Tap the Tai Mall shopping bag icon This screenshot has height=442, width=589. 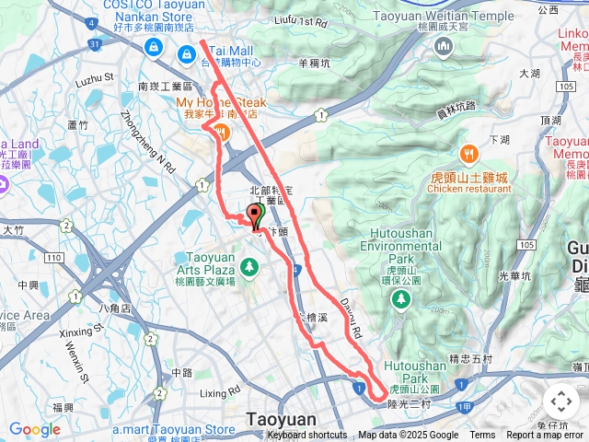188,55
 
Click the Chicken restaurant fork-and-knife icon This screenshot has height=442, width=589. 468,153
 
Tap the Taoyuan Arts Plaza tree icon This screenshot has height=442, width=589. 248,267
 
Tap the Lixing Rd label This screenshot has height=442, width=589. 219,393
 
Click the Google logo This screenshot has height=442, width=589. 34,428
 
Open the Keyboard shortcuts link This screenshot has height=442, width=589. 307,436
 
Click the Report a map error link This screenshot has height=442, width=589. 547,436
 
